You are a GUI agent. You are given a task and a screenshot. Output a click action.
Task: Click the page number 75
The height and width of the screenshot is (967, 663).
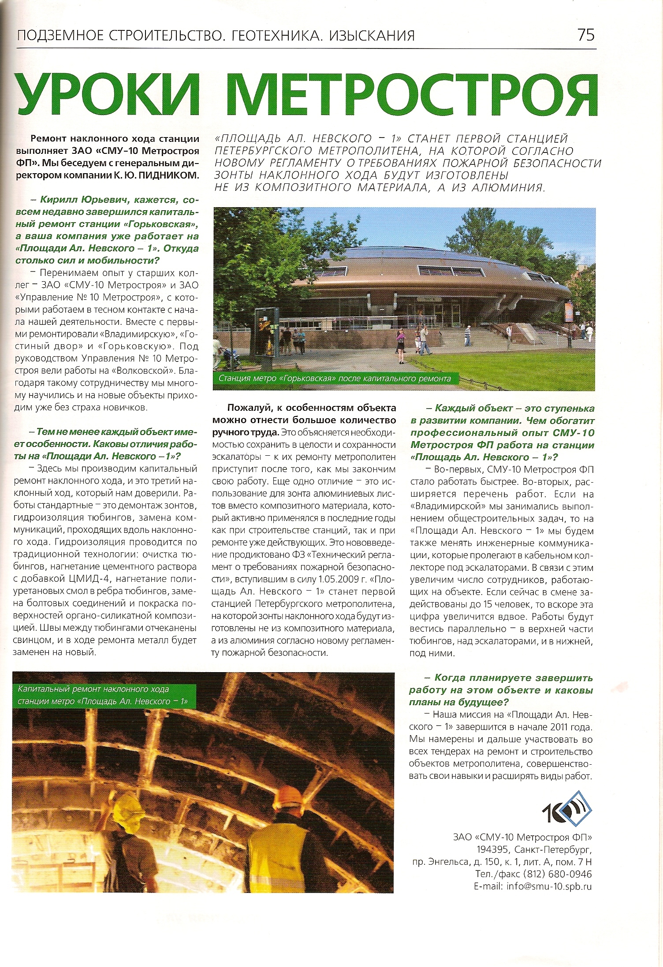(x=586, y=35)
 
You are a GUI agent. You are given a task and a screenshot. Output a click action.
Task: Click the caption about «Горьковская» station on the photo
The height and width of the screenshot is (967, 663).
(x=335, y=378)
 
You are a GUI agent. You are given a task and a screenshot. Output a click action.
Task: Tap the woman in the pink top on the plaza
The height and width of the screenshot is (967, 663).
(x=400, y=342)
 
